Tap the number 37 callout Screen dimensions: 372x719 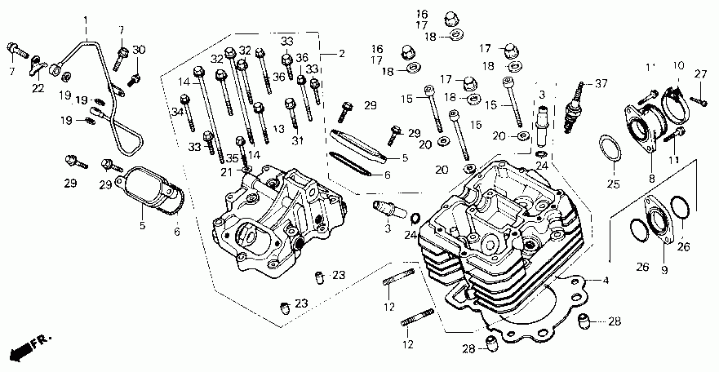pos(602,83)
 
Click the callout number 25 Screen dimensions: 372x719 pos(612,183)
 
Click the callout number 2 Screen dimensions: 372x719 pos(341,54)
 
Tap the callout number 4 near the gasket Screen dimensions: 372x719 pos(606,281)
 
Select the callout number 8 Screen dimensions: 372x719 pos(650,177)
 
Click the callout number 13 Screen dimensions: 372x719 pos(279,129)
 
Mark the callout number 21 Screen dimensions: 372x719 pos(226,170)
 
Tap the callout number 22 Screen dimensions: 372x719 pos(38,88)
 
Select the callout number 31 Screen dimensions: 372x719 pos(296,140)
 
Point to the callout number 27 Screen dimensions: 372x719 pos(699,74)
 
